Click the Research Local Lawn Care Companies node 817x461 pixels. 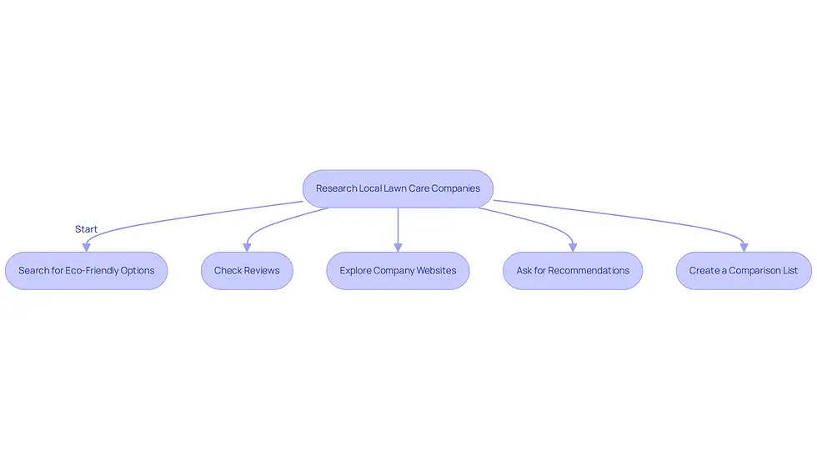[398, 188]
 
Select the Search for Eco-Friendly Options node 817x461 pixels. [87, 271]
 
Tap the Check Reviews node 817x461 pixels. [247, 271]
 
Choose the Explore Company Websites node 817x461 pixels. [398, 271]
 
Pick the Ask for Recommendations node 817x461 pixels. [573, 271]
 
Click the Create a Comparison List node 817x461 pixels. [744, 271]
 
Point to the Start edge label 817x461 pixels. [86, 229]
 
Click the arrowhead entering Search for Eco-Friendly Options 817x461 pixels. [87, 248]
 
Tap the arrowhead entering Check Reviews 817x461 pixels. [247, 248]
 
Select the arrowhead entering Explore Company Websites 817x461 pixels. [398, 248]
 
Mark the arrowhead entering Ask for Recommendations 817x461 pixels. [573, 248]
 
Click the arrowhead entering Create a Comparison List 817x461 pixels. [744, 248]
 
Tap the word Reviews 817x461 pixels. [262, 271]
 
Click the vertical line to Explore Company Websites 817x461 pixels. [398, 226]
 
